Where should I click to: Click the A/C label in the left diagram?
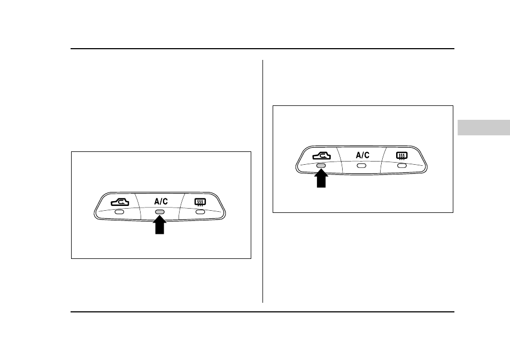click(x=161, y=202)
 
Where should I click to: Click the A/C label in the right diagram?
click(x=362, y=155)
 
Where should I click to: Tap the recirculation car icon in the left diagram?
click(x=120, y=202)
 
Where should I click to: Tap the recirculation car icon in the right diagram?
click(x=322, y=156)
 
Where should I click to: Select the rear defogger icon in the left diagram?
click(x=200, y=203)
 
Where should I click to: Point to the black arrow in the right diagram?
click(x=321, y=178)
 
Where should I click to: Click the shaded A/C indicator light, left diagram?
click(x=160, y=212)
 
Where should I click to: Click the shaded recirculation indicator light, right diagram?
click(x=321, y=166)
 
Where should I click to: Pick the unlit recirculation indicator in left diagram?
click(x=119, y=212)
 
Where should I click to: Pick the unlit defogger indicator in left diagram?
click(x=200, y=212)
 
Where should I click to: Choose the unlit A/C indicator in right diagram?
click(x=361, y=166)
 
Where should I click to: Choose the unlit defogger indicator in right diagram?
click(x=402, y=166)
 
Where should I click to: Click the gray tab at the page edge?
click(x=484, y=128)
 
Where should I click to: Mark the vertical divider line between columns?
click(x=263, y=181)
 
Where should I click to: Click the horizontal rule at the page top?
click(x=262, y=49)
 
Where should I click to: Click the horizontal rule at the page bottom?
click(x=262, y=312)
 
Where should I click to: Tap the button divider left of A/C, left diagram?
click(x=138, y=206)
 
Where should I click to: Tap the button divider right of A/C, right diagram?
click(x=383, y=160)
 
